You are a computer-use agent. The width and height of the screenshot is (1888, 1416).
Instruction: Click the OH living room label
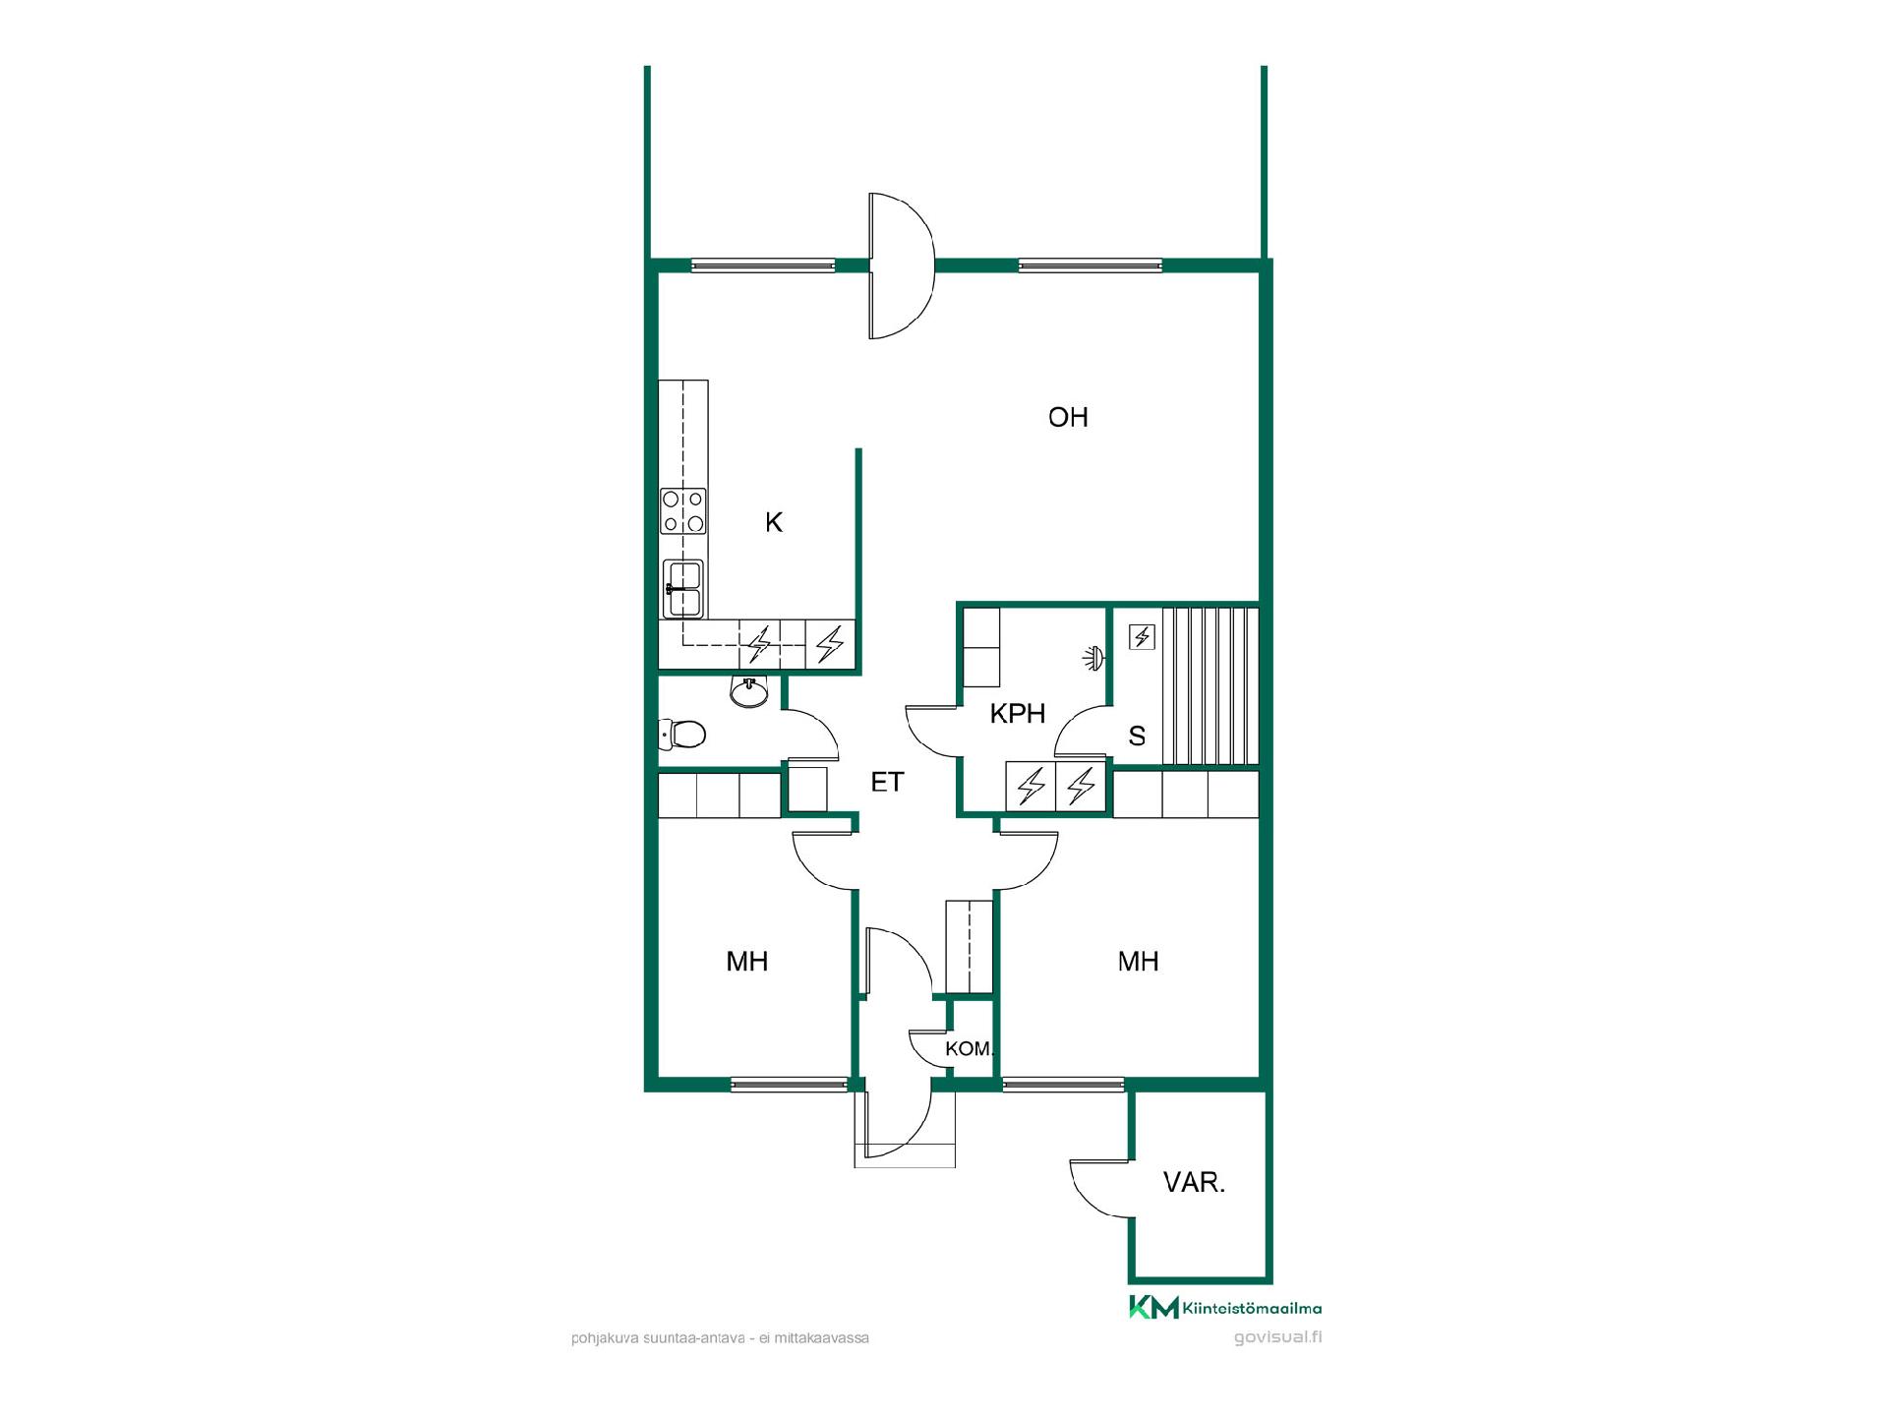click(x=1068, y=417)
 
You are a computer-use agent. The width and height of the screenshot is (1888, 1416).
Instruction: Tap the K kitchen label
click(x=774, y=522)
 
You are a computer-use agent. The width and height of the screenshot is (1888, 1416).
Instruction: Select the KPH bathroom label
click(x=1017, y=713)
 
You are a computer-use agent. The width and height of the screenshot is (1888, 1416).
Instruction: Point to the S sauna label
click(x=1137, y=736)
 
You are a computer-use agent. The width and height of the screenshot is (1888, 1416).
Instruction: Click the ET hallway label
click(x=887, y=782)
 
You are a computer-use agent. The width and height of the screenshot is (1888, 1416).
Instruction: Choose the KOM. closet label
click(x=970, y=1049)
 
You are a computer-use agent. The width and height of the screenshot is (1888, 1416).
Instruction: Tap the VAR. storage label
click(x=1194, y=1182)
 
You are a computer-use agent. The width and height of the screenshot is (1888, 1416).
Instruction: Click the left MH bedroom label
click(x=747, y=961)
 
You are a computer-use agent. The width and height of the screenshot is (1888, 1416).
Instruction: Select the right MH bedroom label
click(x=1139, y=961)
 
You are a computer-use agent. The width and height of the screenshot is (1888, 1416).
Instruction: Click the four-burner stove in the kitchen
click(x=683, y=511)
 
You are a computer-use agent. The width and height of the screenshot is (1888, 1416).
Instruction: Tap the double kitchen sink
click(x=683, y=588)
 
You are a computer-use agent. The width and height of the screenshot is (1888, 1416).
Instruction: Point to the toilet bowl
click(x=682, y=734)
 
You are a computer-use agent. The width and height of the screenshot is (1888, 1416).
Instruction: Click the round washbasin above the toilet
click(x=749, y=692)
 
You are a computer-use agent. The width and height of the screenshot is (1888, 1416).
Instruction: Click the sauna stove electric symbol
click(x=1142, y=637)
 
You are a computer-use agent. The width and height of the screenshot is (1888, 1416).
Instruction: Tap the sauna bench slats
click(x=1210, y=685)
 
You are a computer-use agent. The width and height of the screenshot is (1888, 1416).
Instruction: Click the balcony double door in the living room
click(x=901, y=265)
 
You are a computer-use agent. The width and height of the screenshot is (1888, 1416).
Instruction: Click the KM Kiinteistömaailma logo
click(x=1225, y=1308)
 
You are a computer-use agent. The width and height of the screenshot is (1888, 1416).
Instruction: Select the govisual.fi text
click(x=1277, y=1337)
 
